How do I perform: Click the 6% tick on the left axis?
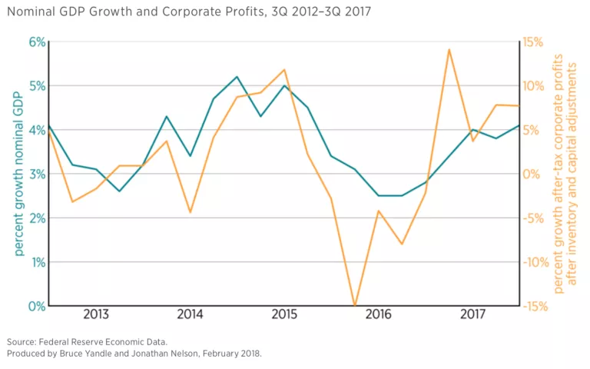click(36, 42)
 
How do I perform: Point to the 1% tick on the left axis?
click(36, 262)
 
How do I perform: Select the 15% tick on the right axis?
click(533, 42)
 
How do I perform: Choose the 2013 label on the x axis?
click(95, 314)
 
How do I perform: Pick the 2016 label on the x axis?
click(379, 314)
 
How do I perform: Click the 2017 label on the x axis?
click(473, 314)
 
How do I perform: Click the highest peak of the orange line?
click(449, 50)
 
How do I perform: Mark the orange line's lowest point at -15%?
click(354, 305)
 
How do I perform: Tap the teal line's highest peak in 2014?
click(237, 77)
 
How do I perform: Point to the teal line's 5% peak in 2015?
click(284, 85)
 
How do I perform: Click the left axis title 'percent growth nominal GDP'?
click(18, 174)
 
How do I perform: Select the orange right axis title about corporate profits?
click(564, 174)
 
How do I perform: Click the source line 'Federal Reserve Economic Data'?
click(103, 341)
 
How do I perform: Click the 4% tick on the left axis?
click(36, 130)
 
